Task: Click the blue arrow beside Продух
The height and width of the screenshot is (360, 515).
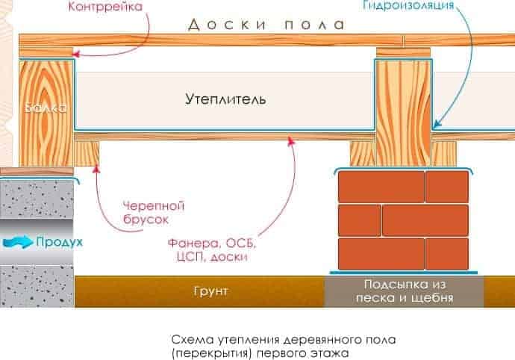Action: click(17, 242)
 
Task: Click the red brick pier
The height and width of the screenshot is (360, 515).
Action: click(403, 221)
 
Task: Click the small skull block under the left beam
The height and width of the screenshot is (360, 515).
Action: click(87, 154)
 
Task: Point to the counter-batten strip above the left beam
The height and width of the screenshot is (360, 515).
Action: click(46, 52)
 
